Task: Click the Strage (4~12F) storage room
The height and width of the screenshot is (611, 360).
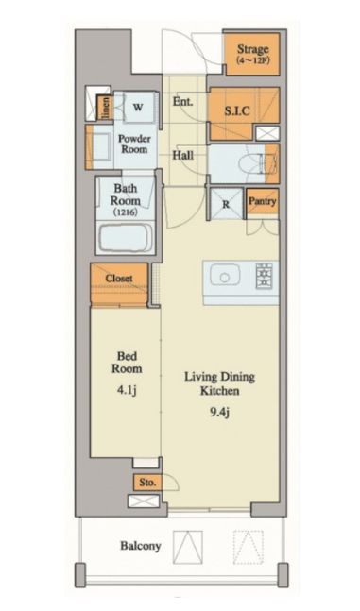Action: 252,54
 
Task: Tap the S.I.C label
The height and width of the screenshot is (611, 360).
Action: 237,111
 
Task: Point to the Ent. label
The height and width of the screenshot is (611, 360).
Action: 183,102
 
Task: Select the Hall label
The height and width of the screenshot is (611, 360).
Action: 183,155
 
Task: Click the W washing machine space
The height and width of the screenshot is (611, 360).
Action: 137,107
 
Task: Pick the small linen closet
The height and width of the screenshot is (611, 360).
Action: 105,108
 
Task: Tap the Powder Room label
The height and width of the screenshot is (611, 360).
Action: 134,144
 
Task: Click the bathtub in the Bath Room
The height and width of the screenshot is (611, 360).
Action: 126,237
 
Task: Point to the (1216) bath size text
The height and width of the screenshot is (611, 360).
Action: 126,212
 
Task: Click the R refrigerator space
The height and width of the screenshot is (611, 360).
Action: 227,203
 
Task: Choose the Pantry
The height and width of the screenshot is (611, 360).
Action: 263,201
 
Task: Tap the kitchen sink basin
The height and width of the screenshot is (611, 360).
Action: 225,275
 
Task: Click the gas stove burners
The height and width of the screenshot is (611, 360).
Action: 264,276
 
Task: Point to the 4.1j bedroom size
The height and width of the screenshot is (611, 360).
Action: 127,390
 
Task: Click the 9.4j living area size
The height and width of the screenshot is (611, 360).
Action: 219,412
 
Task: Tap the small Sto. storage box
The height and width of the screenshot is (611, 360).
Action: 147,483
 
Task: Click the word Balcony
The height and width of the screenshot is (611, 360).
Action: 141,546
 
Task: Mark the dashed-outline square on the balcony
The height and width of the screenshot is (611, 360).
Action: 249,547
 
